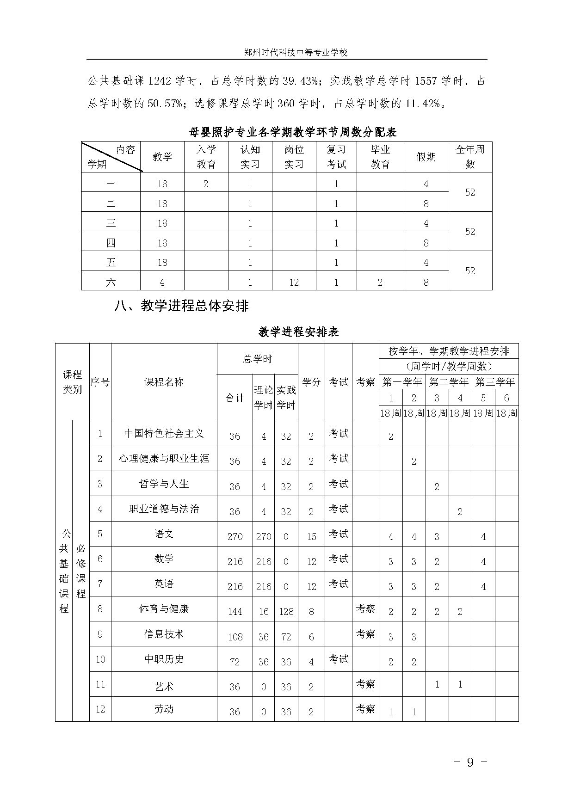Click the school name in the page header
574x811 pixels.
point(296,53)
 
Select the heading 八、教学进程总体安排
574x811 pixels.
point(181,306)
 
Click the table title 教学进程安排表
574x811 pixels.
point(299,332)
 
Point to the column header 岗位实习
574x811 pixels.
point(294,157)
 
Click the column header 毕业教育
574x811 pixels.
point(380,157)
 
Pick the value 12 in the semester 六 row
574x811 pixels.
point(294,282)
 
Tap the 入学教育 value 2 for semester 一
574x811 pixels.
point(206,184)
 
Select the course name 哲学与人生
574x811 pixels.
point(164,484)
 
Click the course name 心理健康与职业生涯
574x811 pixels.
point(164,459)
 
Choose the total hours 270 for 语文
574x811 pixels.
point(235,536)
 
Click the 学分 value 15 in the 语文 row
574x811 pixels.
point(311,536)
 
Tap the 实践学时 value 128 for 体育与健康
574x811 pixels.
point(286,612)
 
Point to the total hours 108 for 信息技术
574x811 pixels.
point(235,637)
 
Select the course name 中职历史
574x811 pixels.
point(164,659)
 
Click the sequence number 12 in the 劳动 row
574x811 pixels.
point(100,709)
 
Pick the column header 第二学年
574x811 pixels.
point(449,382)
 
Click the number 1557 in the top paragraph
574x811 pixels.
point(426,81)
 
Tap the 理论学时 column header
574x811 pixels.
point(263,398)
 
